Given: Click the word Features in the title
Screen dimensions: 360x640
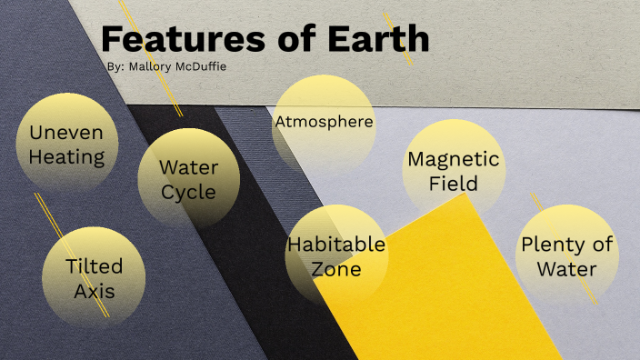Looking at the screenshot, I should click(x=173, y=39).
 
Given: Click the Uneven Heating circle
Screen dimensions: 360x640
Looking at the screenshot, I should click(x=66, y=145).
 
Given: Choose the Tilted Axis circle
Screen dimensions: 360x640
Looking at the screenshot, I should click(x=94, y=277).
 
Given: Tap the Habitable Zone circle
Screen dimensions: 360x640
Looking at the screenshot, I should click(x=335, y=256).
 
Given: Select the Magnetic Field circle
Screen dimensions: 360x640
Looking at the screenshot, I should click(x=453, y=170).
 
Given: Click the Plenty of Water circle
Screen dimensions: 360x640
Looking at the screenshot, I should click(x=566, y=255).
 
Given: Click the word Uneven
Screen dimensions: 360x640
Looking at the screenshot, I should click(x=66, y=132).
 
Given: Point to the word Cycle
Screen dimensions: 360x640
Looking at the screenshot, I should click(x=188, y=192).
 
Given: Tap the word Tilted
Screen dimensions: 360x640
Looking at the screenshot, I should click(x=94, y=266).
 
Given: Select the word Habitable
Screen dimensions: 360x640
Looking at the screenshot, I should click(x=335, y=245).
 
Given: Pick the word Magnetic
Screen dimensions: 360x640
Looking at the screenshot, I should click(x=453, y=159).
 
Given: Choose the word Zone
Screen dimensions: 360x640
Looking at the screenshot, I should click(x=335, y=269).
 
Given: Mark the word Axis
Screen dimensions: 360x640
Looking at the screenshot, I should click(x=94, y=291).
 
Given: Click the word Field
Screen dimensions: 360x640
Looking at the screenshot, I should click(x=453, y=184).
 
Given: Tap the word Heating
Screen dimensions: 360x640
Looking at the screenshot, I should click(x=66, y=156).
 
